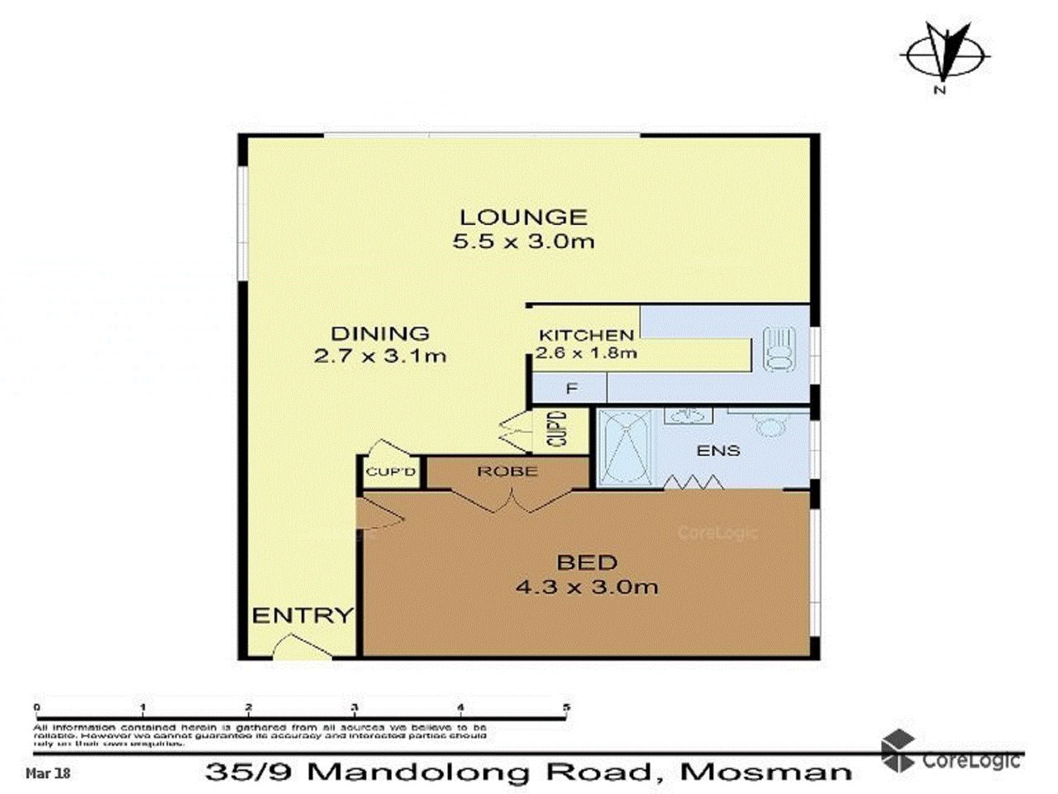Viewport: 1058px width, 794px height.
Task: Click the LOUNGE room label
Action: [523, 218]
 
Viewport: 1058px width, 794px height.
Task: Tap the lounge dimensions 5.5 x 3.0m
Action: [523, 242]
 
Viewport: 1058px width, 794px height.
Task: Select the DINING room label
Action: [380, 334]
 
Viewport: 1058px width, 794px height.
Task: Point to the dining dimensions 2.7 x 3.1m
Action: [380, 356]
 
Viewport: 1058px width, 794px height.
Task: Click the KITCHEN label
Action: [586, 335]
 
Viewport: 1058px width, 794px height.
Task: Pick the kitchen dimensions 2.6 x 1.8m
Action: [586, 353]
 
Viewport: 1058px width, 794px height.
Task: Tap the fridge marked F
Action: [570, 388]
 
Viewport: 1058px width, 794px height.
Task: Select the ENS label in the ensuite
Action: [718, 451]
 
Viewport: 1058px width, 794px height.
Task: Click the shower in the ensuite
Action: [625, 447]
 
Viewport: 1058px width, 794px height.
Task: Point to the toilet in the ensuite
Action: [771, 425]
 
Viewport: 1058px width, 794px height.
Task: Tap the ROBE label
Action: [508, 471]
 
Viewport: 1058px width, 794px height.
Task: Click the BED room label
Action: [587, 563]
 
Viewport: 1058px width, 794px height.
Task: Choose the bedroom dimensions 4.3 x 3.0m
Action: [587, 587]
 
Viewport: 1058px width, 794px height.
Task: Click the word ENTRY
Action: [302, 616]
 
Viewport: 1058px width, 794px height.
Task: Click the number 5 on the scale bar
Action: [566, 707]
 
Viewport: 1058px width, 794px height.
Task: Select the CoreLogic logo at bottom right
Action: [951, 753]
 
